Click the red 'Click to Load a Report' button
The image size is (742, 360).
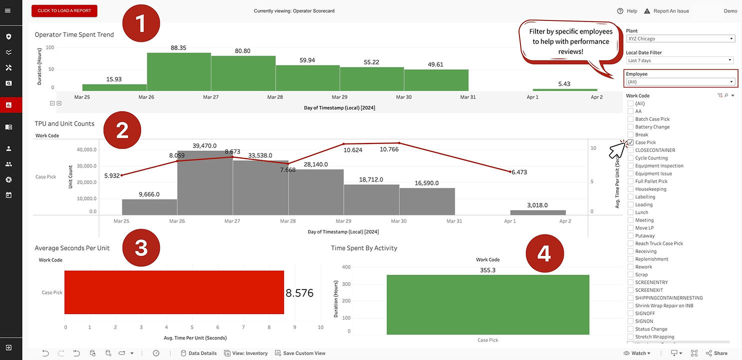tap(64, 11)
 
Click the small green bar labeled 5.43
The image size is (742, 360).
tap(564, 89)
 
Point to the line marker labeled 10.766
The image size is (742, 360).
tap(399, 143)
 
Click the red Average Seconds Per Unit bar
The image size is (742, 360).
tap(174, 292)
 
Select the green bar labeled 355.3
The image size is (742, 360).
tap(487, 304)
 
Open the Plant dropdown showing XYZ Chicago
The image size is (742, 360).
tap(680, 39)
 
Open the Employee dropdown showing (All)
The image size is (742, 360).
tap(680, 82)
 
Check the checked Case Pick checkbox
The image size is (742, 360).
tap(630, 142)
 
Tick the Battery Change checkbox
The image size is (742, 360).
tap(630, 127)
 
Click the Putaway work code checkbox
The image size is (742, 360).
tap(630, 235)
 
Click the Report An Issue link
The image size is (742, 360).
tap(666, 11)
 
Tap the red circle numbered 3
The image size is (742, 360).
tap(141, 248)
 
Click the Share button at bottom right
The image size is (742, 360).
tap(716, 353)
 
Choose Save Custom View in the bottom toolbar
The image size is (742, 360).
tap(300, 353)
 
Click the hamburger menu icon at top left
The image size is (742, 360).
tap(7, 10)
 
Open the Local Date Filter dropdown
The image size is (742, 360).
tap(680, 60)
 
